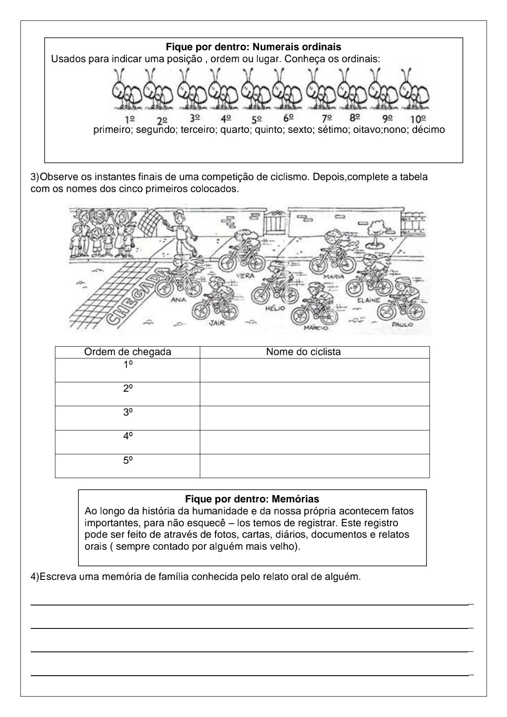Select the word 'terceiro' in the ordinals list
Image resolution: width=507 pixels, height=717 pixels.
click(199, 129)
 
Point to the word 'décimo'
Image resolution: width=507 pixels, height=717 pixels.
click(428, 129)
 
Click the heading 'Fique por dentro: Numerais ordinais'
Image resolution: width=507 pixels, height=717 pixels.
click(253, 46)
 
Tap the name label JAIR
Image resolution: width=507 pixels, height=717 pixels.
click(216, 323)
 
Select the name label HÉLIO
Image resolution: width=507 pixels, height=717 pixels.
click(275, 308)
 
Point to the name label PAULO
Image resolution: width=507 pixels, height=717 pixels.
click(402, 324)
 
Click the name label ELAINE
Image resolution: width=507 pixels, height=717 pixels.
click(369, 300)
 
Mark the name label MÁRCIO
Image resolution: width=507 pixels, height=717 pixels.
click(316, 328)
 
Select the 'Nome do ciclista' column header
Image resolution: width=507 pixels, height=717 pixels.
click(303, 352)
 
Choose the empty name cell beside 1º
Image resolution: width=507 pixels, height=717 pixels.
click(314, 370)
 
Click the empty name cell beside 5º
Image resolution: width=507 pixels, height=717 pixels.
click(314, 466)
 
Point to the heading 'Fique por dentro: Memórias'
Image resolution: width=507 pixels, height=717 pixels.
click(252, 499)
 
